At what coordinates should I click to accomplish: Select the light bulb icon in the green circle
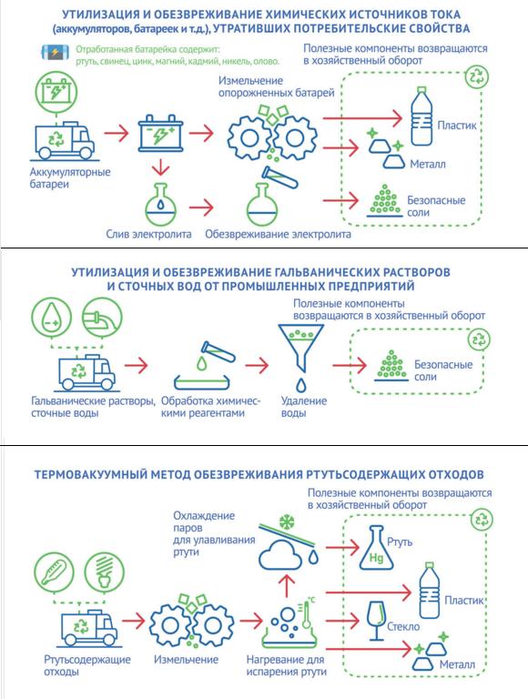[104, 572]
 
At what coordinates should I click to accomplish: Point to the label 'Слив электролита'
[148, 234]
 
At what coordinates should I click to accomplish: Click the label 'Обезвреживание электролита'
[278, 234]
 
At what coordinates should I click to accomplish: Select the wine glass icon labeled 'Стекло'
[376, 621]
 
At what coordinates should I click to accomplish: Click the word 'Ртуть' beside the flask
[400, 542]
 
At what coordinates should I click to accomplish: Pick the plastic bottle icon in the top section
[421, 116]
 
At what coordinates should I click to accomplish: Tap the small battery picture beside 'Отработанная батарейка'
[56, 53]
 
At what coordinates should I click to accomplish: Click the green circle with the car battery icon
[56, 92]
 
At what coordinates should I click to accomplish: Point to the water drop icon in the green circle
[51, 319]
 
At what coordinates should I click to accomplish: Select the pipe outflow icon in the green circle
[102, 319]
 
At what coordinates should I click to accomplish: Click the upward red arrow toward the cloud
[287, 586]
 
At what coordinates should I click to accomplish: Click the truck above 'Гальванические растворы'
[87, 372]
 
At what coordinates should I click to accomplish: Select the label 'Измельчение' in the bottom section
[186, 659]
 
